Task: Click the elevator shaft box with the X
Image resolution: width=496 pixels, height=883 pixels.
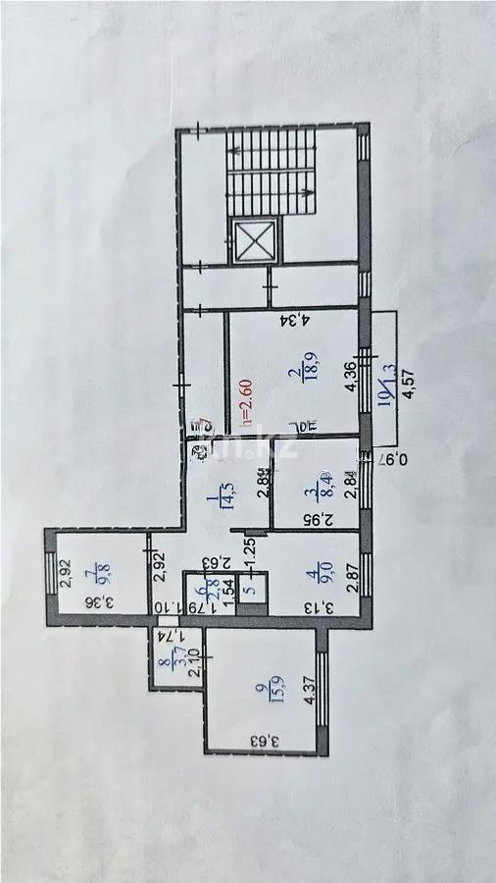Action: point(255,239)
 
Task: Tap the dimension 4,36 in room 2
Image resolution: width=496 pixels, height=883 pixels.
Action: point(349,379)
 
